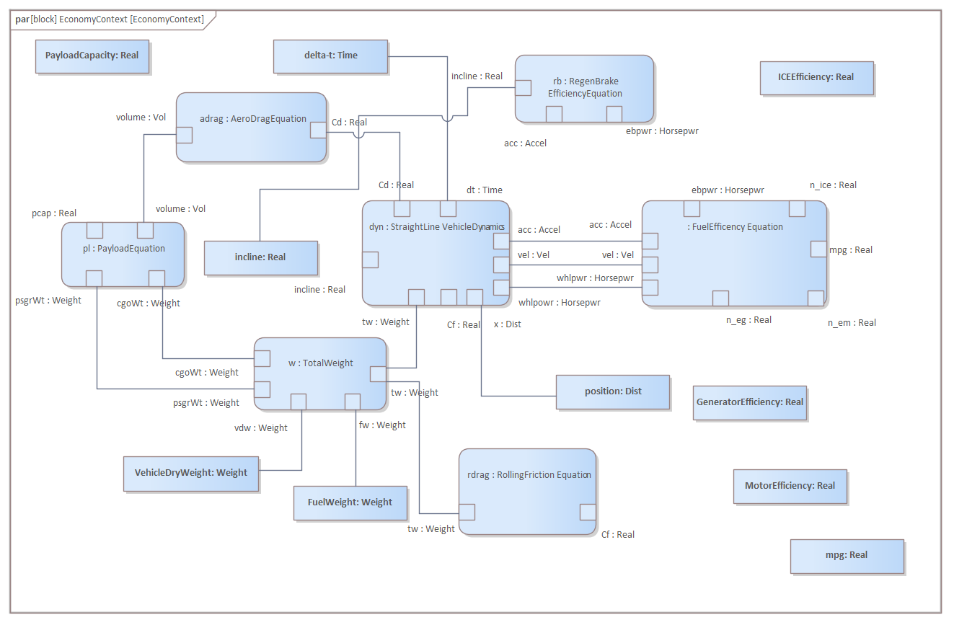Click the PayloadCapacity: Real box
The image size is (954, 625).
(92, 56)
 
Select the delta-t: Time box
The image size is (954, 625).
(331, 56)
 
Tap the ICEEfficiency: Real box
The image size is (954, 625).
(816, 77)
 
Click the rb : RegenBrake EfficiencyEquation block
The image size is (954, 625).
(584, 88)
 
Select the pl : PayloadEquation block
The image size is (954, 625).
(123, 249)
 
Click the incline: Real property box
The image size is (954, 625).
(260, 257)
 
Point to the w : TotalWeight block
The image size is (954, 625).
(319, 363)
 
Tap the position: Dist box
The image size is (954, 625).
(613, 391)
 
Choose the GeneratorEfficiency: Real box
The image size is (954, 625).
(749, 402)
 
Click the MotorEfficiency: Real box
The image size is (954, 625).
(790, 486)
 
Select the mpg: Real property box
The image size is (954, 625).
(847, 555)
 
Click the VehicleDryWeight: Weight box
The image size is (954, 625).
(191, 473)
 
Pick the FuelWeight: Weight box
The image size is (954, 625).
(350, 502)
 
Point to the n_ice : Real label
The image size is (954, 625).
(833, 185)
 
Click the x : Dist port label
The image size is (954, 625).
(507, 324)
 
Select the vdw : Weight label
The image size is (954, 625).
(260, 428)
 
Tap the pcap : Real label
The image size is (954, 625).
(54, 213)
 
